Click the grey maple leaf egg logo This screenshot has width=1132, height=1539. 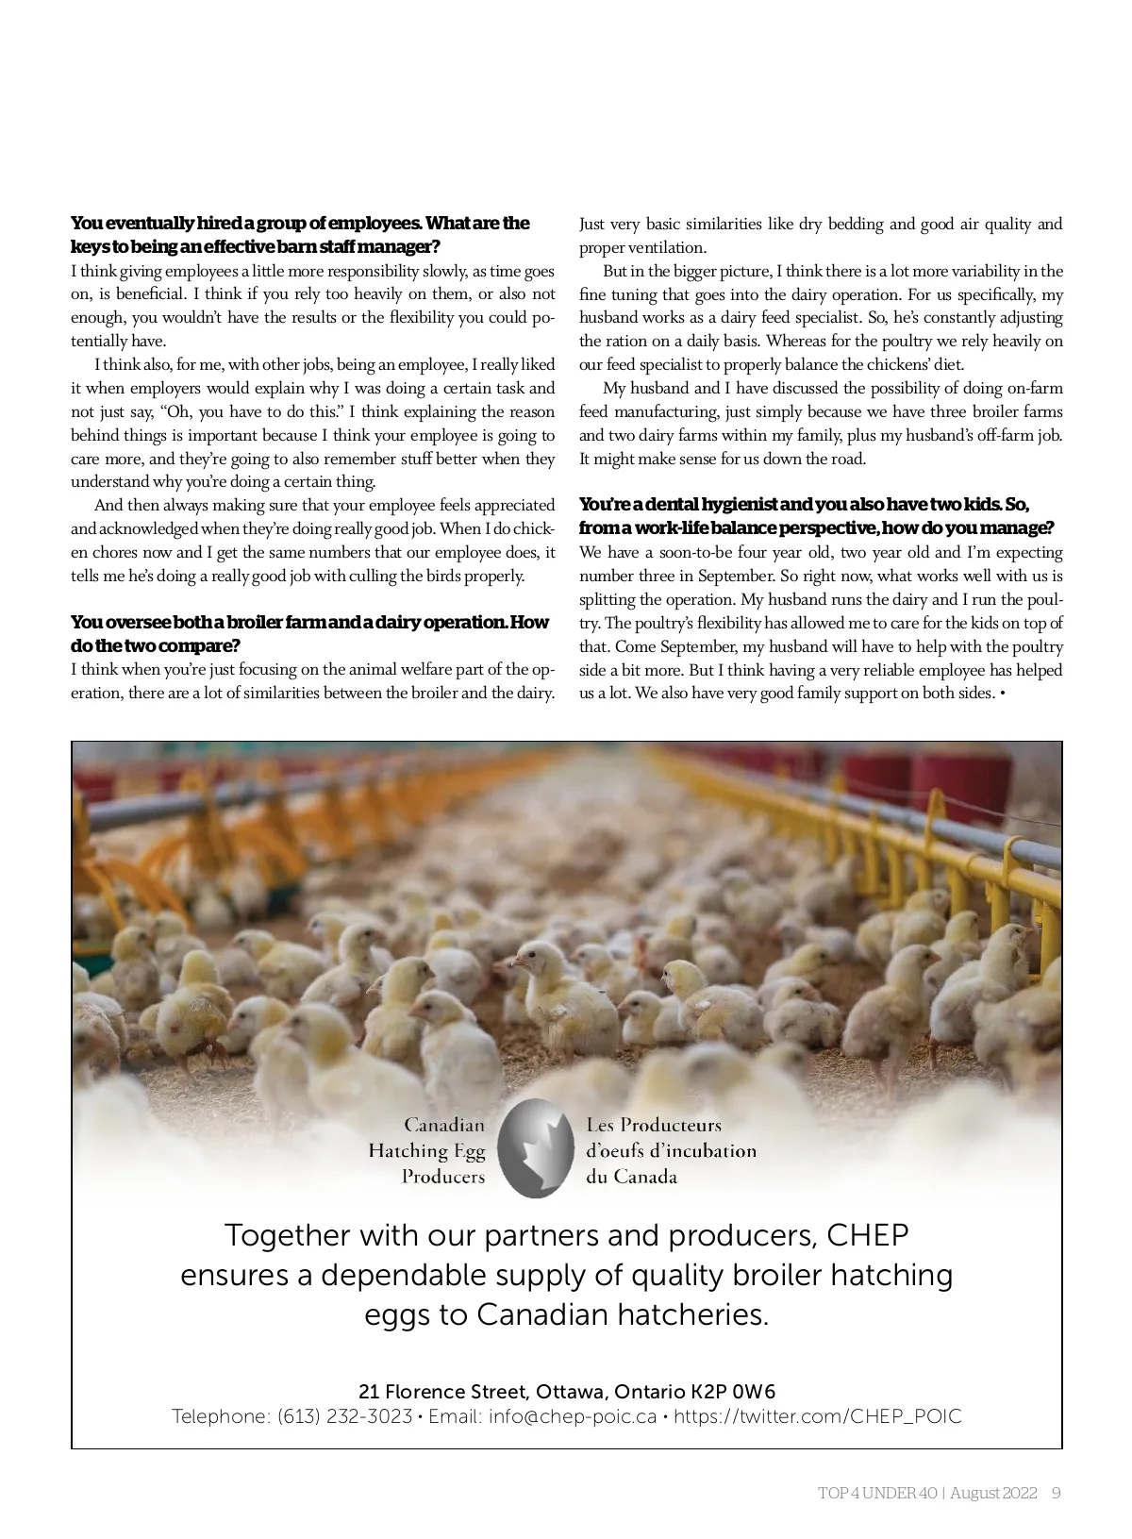pos(535,1148)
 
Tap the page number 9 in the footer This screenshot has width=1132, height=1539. pos(1057,1493)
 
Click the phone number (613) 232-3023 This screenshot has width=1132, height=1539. pos(344,1416)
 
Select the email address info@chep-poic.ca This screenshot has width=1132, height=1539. pos(572,1416)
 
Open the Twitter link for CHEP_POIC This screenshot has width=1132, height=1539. pos(818,1416)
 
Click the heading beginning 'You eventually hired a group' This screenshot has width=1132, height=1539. pos(300,224)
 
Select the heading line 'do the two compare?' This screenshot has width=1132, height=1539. pos(155,646)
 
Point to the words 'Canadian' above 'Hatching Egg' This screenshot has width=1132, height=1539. pos(444,1125)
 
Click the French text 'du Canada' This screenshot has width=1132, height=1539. pos(631,1177)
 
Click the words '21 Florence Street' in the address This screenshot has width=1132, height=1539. pos(441,1392)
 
